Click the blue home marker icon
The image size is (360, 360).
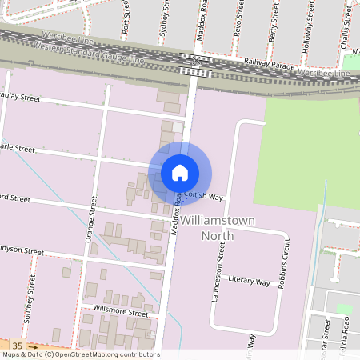click(180, 172)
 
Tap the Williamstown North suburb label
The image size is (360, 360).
click(207, 226)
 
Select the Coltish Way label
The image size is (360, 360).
click(203, 195)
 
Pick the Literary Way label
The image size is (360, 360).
click(250, 281)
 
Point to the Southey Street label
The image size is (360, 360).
click(31, 298)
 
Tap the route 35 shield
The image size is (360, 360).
click(18, 345)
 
